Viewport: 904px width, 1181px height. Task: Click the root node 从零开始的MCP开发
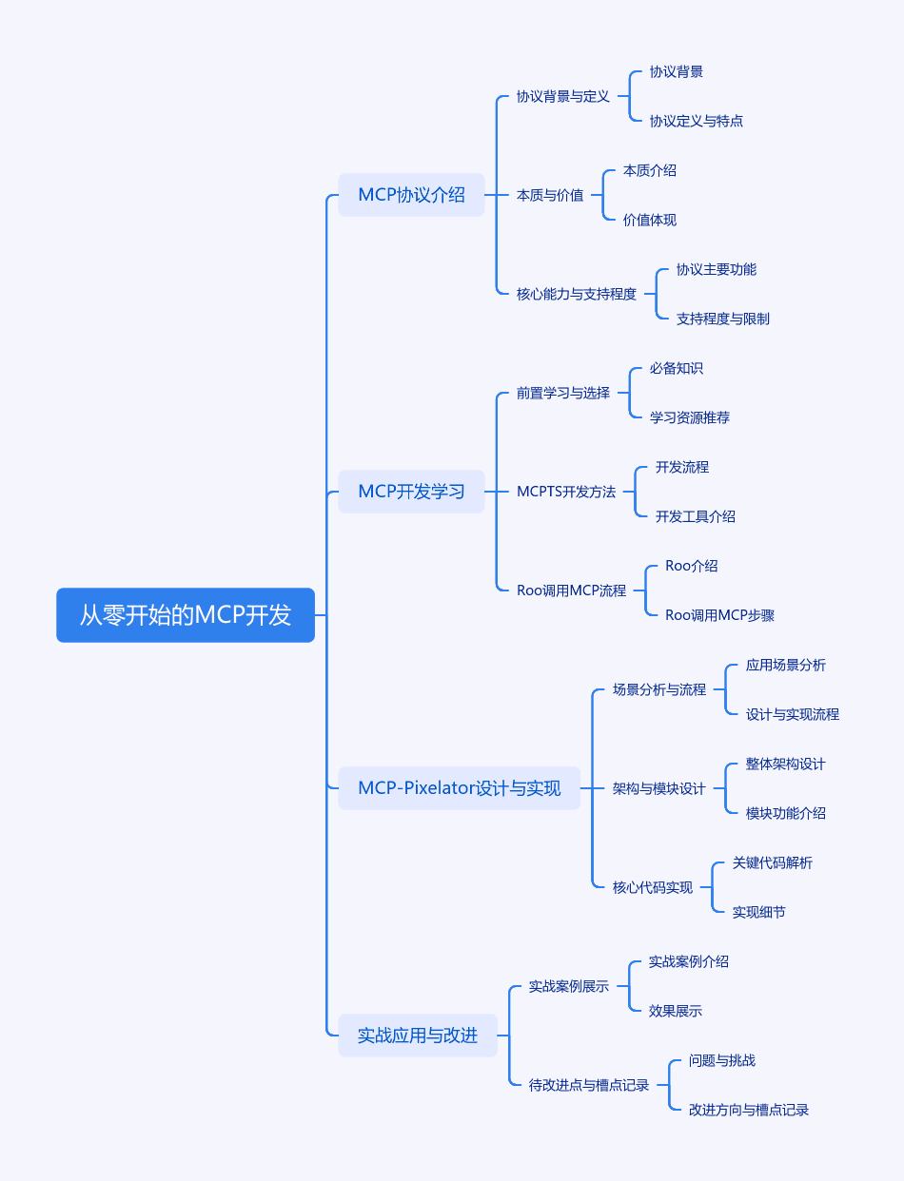tap(186, 614)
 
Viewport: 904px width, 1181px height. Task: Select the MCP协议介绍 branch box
tap(411, 195)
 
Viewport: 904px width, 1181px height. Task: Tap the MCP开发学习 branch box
tap(411, 492)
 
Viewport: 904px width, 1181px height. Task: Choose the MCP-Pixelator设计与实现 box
tap(460, 787)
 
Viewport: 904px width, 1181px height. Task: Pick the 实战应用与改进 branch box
tap(418, 1036)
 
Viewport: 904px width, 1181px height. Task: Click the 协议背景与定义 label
tap(562, 96)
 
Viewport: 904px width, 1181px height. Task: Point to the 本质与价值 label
tap(550, 195)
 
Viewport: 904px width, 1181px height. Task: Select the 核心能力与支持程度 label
tap(576, 294)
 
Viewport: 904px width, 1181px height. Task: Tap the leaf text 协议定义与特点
tap(697, 121)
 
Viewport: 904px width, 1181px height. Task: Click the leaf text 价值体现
tap(650, 220)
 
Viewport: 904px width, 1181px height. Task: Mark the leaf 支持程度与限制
tap(722, 319)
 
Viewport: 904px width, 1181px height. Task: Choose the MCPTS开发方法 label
tap(566, 492)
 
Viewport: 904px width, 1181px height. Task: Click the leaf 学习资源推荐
tap(690, 417)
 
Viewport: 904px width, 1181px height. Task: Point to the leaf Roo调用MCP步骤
tap(719, 615)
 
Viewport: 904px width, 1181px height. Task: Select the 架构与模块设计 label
tap(658, 788)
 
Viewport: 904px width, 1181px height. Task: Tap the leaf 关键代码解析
tap(772, 862)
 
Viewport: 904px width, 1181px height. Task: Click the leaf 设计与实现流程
tap(792, 714)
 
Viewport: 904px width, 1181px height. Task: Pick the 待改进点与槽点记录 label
tap(588, 1085)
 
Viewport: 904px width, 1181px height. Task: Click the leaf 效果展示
tap(676, 1011)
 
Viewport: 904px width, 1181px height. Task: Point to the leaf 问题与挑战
tap(722, 1060)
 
